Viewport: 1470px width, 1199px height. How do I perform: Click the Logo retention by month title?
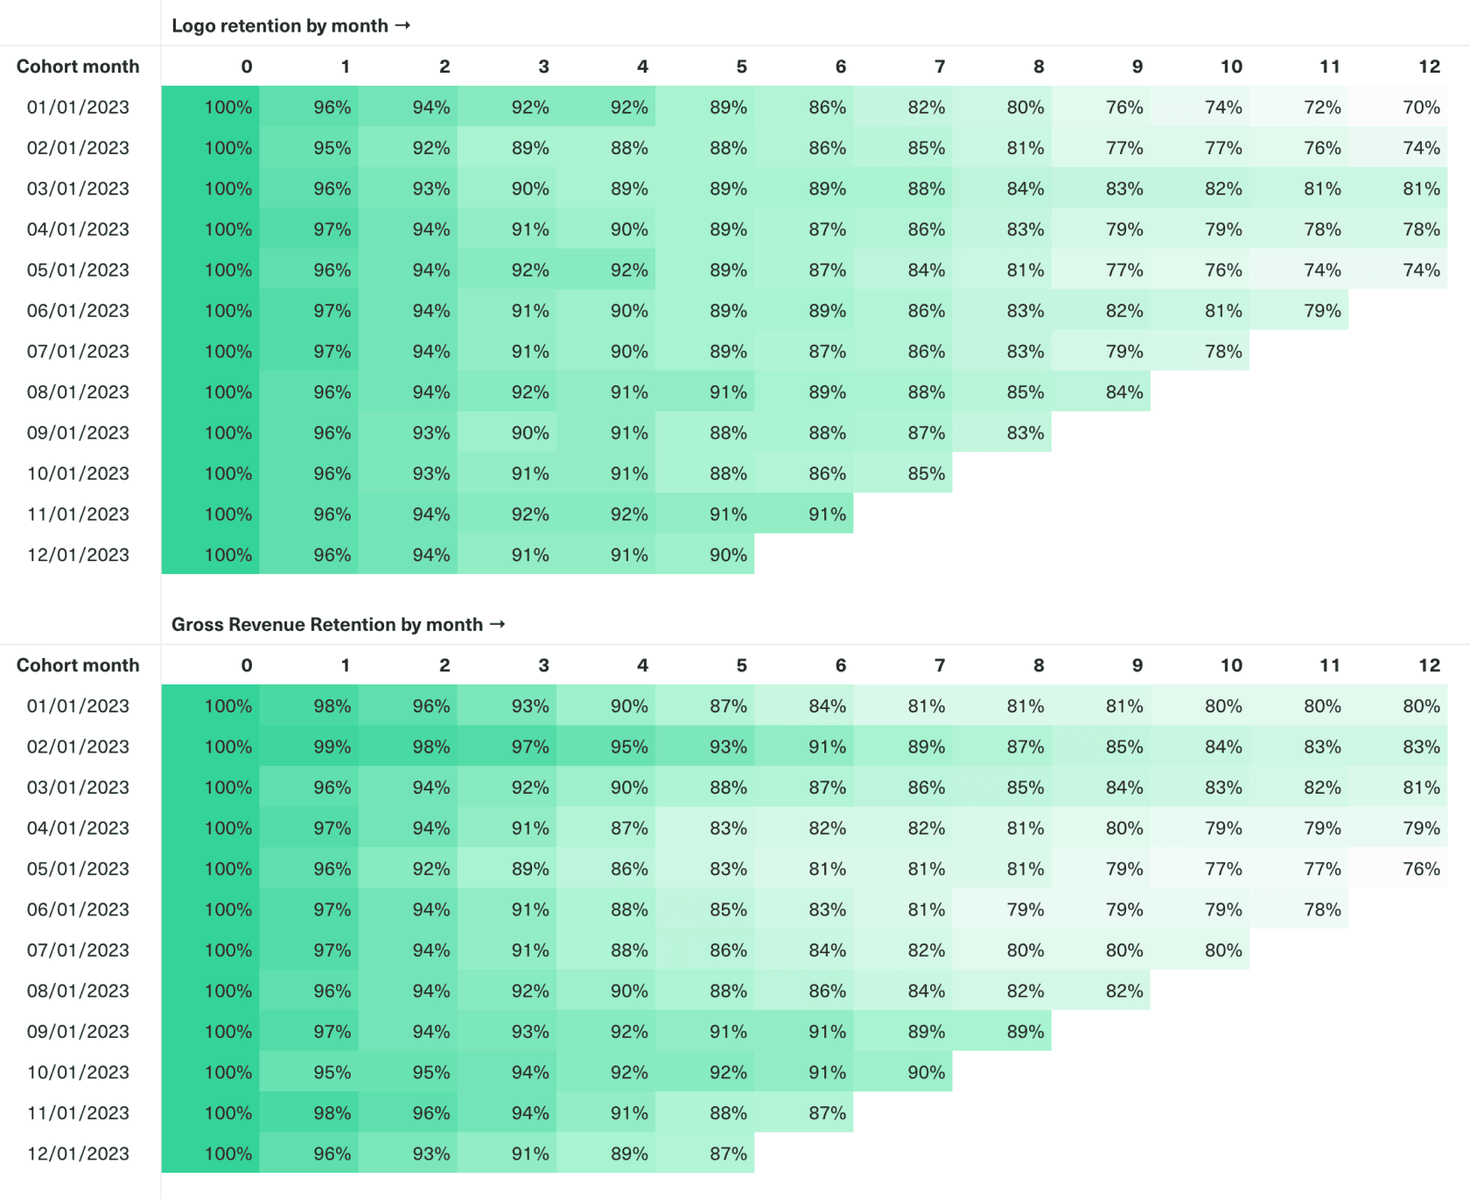point(280,25)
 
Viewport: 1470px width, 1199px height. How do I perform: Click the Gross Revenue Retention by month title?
point(327,624)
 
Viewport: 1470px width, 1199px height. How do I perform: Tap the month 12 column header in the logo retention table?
point(1428,67)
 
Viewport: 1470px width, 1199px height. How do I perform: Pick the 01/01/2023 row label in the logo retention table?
point(78,107)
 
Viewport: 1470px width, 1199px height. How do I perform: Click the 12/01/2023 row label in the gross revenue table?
point(78,1153)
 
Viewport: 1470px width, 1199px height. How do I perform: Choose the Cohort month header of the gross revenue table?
point(78,665)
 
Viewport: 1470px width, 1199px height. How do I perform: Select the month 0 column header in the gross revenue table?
point(247,665)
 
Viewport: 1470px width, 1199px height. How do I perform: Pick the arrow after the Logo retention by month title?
point(402,25)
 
